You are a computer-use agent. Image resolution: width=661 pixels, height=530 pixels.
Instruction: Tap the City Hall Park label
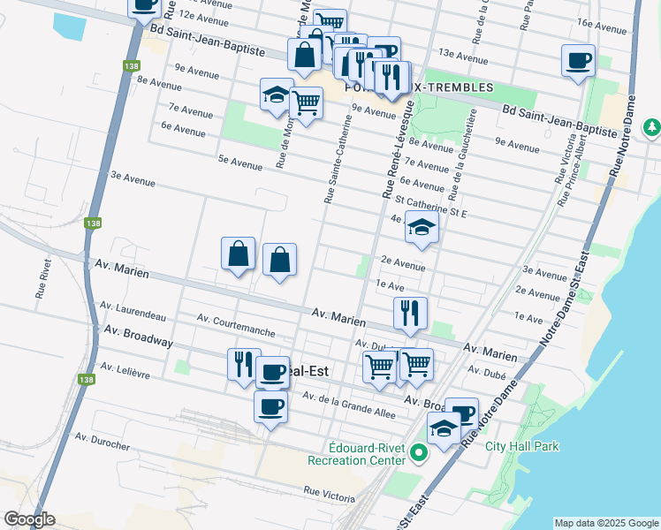(522, 446)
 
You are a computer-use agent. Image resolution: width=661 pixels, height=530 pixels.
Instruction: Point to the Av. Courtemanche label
(236, 325)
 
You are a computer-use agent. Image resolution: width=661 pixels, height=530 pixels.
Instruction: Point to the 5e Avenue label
(240, 163)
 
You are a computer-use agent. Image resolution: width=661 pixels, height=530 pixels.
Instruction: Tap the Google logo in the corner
(29, 519)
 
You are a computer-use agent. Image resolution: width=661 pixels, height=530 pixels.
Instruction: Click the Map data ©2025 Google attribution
(606, 523)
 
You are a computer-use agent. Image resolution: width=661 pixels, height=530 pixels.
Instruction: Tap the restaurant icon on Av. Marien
(410, 312)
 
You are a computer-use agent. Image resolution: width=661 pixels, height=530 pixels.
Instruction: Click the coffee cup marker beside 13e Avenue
(578, 61)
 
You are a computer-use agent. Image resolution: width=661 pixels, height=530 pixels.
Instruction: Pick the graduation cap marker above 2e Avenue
(422, 229)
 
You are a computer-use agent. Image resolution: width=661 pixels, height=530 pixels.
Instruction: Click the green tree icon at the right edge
(652, 127)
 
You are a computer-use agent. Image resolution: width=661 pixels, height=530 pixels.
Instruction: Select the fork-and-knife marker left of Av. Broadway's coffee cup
(244, 363)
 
